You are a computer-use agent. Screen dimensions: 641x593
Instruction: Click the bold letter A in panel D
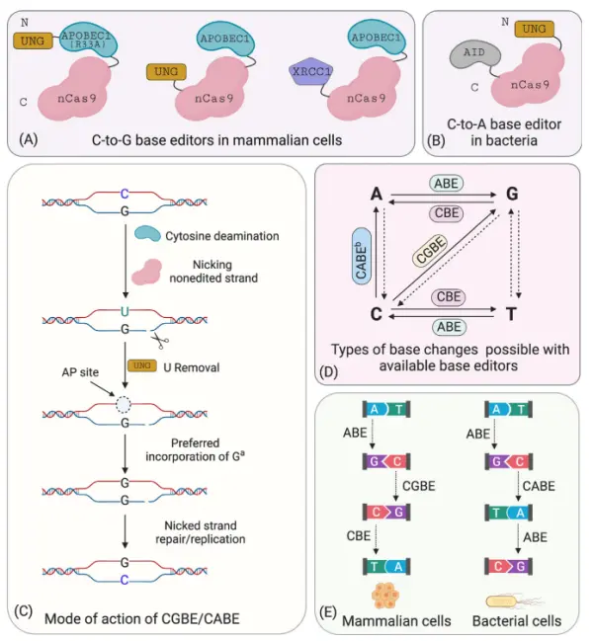point(378,197)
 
